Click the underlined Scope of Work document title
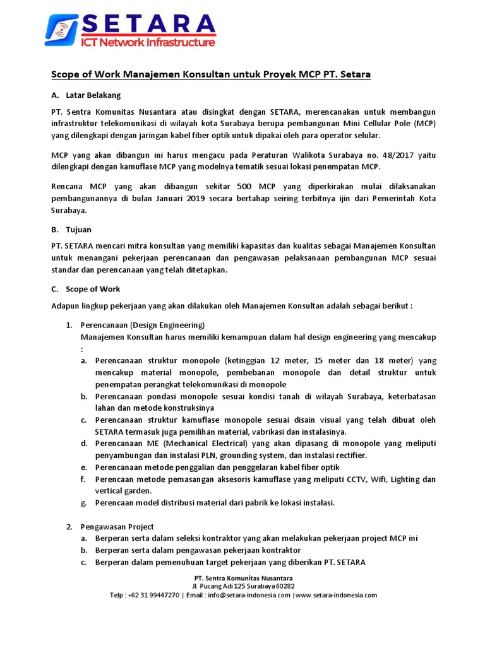pyautogui.click(x=210, y=75)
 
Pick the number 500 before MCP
pyautogui.click(x=246, y=187)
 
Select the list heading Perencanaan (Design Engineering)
pyautogui.click(x=142, y=325)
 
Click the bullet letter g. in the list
pyautogui.click(x=84, y=503)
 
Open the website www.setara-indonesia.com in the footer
pyautogui.click(x=335, y=595)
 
